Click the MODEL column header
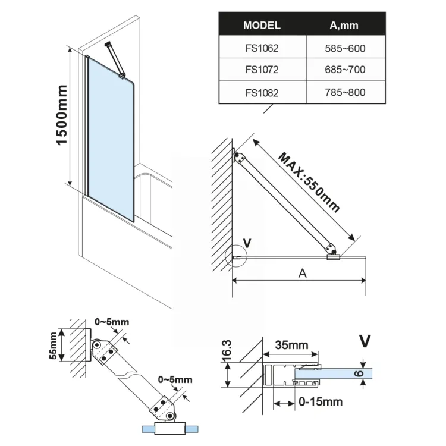click(x=262, y=26)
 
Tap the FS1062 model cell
click(x=262, y=48)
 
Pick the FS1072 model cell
click(x=262, y=70)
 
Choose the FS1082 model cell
click(x=262, y=93)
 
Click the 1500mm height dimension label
click(x=61, y=117)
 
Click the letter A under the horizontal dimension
click(x=302, y=274)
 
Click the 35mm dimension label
click(x=291, y=344)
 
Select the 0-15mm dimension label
click(x=321, y=402)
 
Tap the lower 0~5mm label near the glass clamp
click(x=175, y=379)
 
